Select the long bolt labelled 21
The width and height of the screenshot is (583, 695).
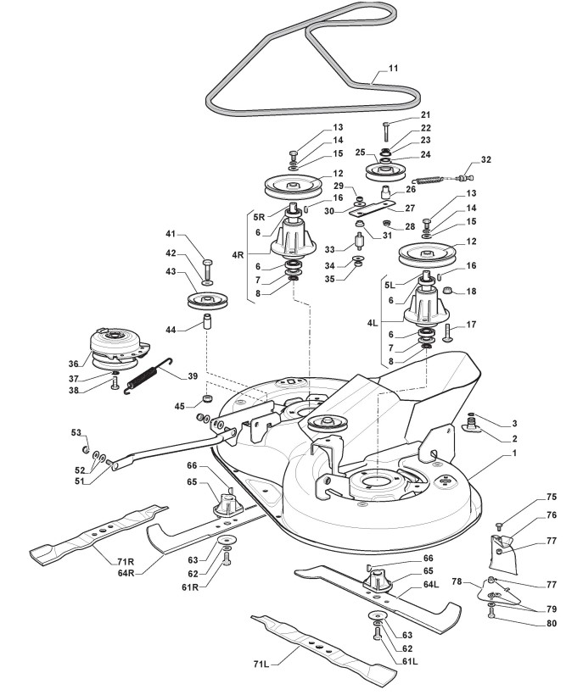tap(386, 131)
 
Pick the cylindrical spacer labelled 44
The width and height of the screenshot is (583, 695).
tap(206, 324)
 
